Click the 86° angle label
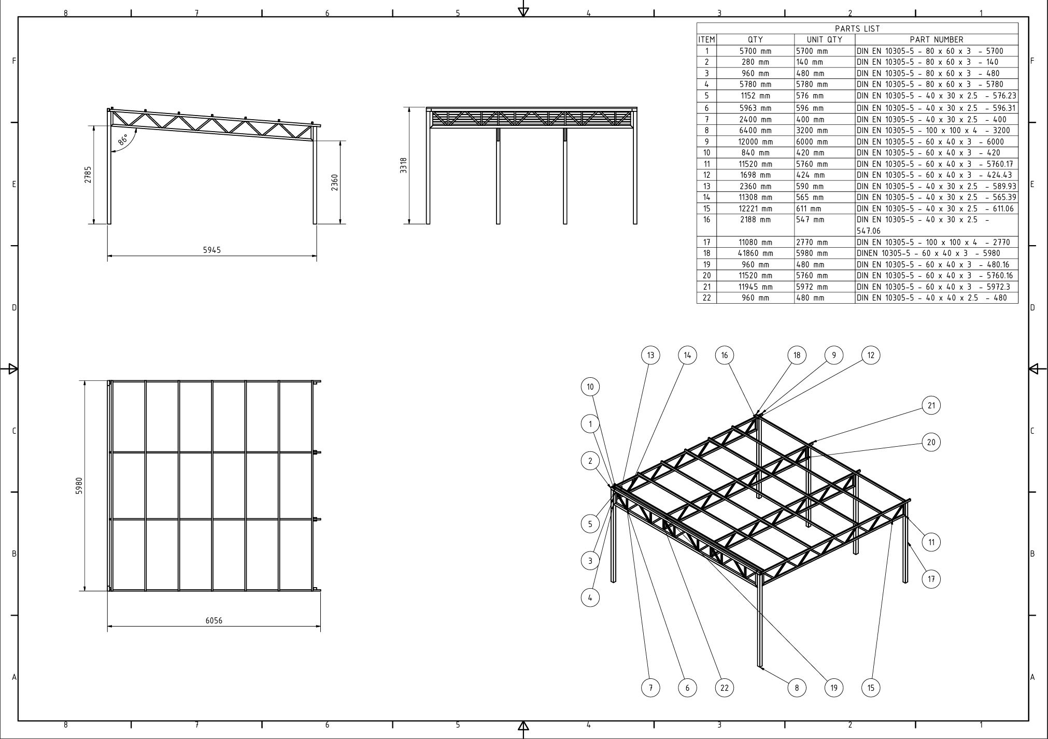pos(123,139)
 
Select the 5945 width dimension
pos(212,250)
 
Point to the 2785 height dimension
pos(89,175)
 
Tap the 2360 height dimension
pos(334,182)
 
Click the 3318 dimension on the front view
pos(404,165)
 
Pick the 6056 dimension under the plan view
pos(214,620)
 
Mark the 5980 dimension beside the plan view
pos(79,486)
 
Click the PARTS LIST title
pos(857,29)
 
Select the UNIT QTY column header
pos(824,39)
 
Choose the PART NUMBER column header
pos(936,39)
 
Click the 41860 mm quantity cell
pos(755,253)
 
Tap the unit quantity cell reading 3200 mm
pos(812,131)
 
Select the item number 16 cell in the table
pos(706,220)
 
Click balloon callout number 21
pos(931,405)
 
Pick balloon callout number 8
pos(797,688)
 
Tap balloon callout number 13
pos(650,355)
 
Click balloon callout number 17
pos(931,579)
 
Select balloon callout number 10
pos(590,387)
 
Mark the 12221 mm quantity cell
pos(755,209)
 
